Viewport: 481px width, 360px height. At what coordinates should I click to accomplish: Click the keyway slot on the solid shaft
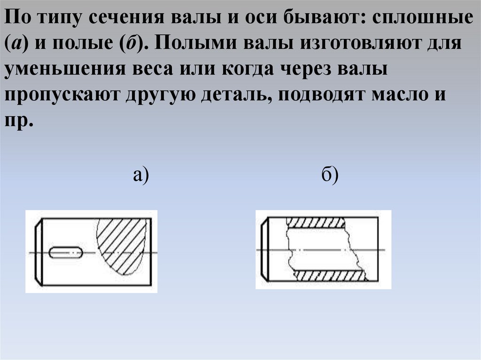66,253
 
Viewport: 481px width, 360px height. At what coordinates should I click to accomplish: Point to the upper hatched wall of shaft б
315,222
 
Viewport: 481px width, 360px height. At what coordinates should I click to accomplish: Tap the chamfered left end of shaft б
265,249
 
